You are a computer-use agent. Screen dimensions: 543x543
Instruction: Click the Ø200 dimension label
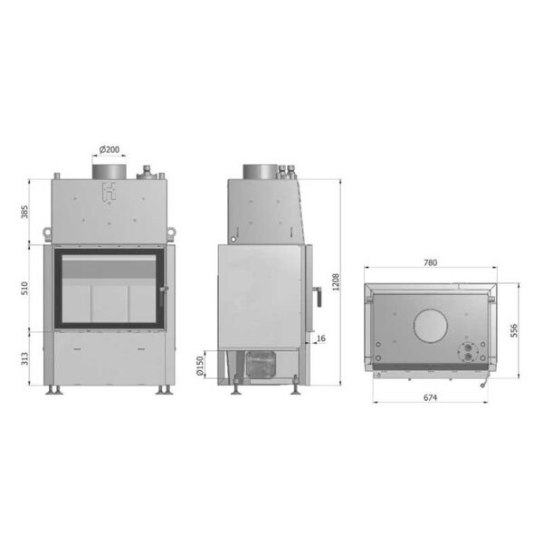tap(110, 149)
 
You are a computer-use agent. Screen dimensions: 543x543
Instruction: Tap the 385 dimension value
tap(24, 212)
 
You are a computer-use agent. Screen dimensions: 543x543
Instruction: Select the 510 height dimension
tap(24, 289)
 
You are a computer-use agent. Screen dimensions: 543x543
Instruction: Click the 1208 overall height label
tap(336, 281)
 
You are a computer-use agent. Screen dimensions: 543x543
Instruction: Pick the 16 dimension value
tap(321, 338)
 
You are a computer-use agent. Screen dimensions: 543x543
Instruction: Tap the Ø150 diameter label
tap(200, 366)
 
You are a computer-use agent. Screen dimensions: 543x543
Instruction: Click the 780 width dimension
tap(431, 262)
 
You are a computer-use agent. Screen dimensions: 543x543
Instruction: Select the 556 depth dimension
tap(514, 330)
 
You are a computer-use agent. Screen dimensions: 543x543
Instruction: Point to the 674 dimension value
tap(430, 398)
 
